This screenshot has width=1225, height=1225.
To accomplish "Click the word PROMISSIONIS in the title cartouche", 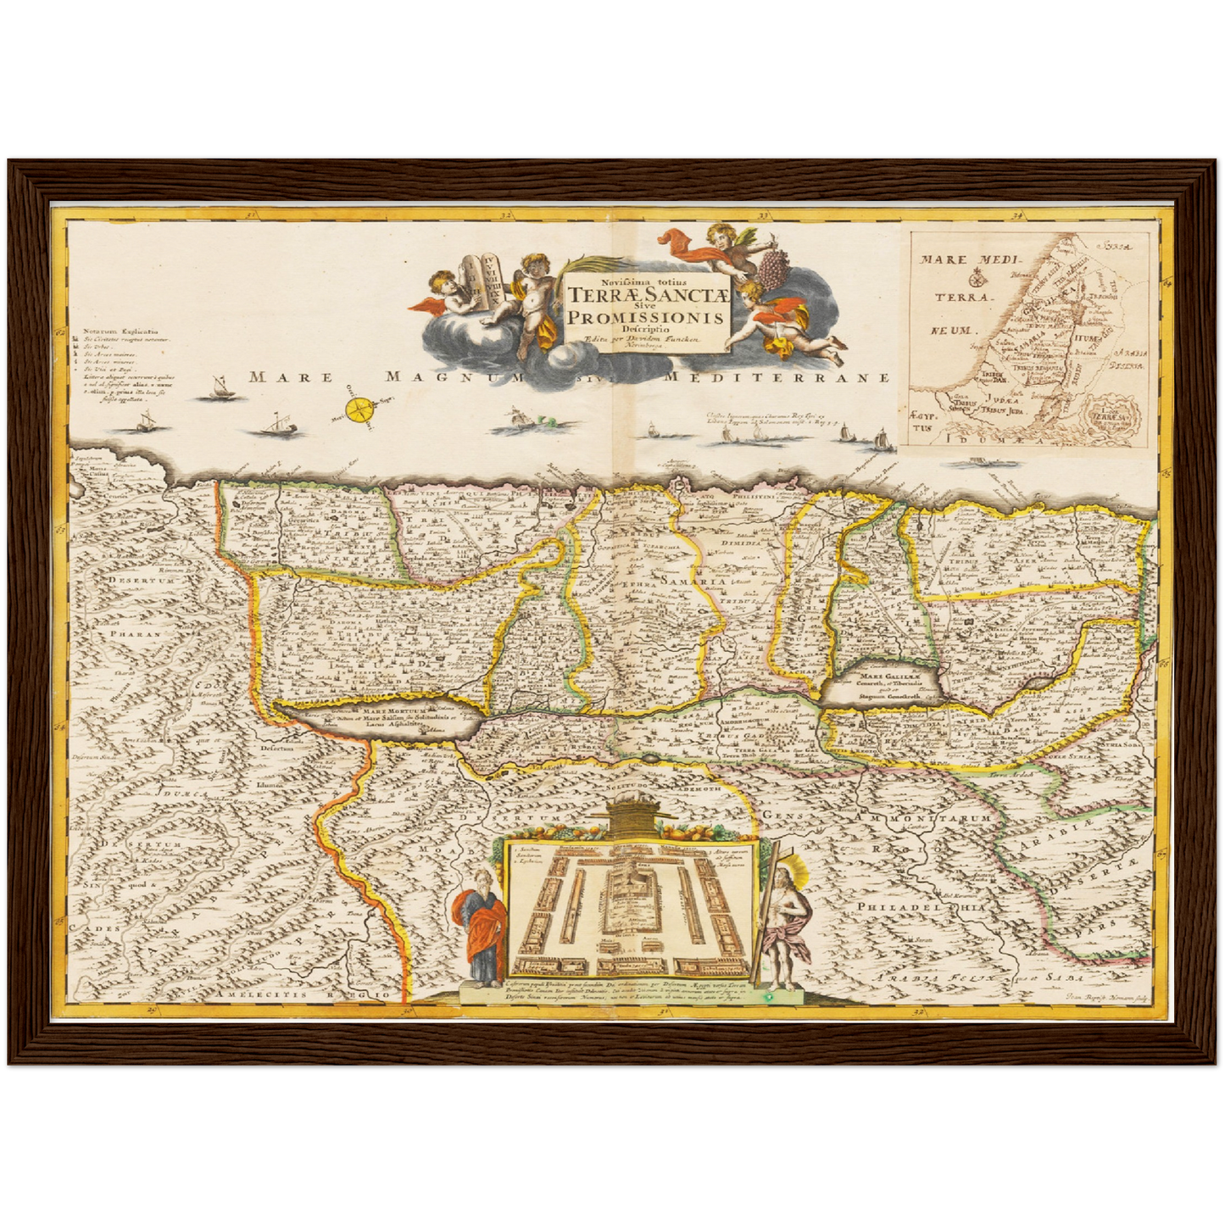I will [647, 317].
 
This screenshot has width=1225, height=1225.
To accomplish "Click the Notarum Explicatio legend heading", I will [125, 331].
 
